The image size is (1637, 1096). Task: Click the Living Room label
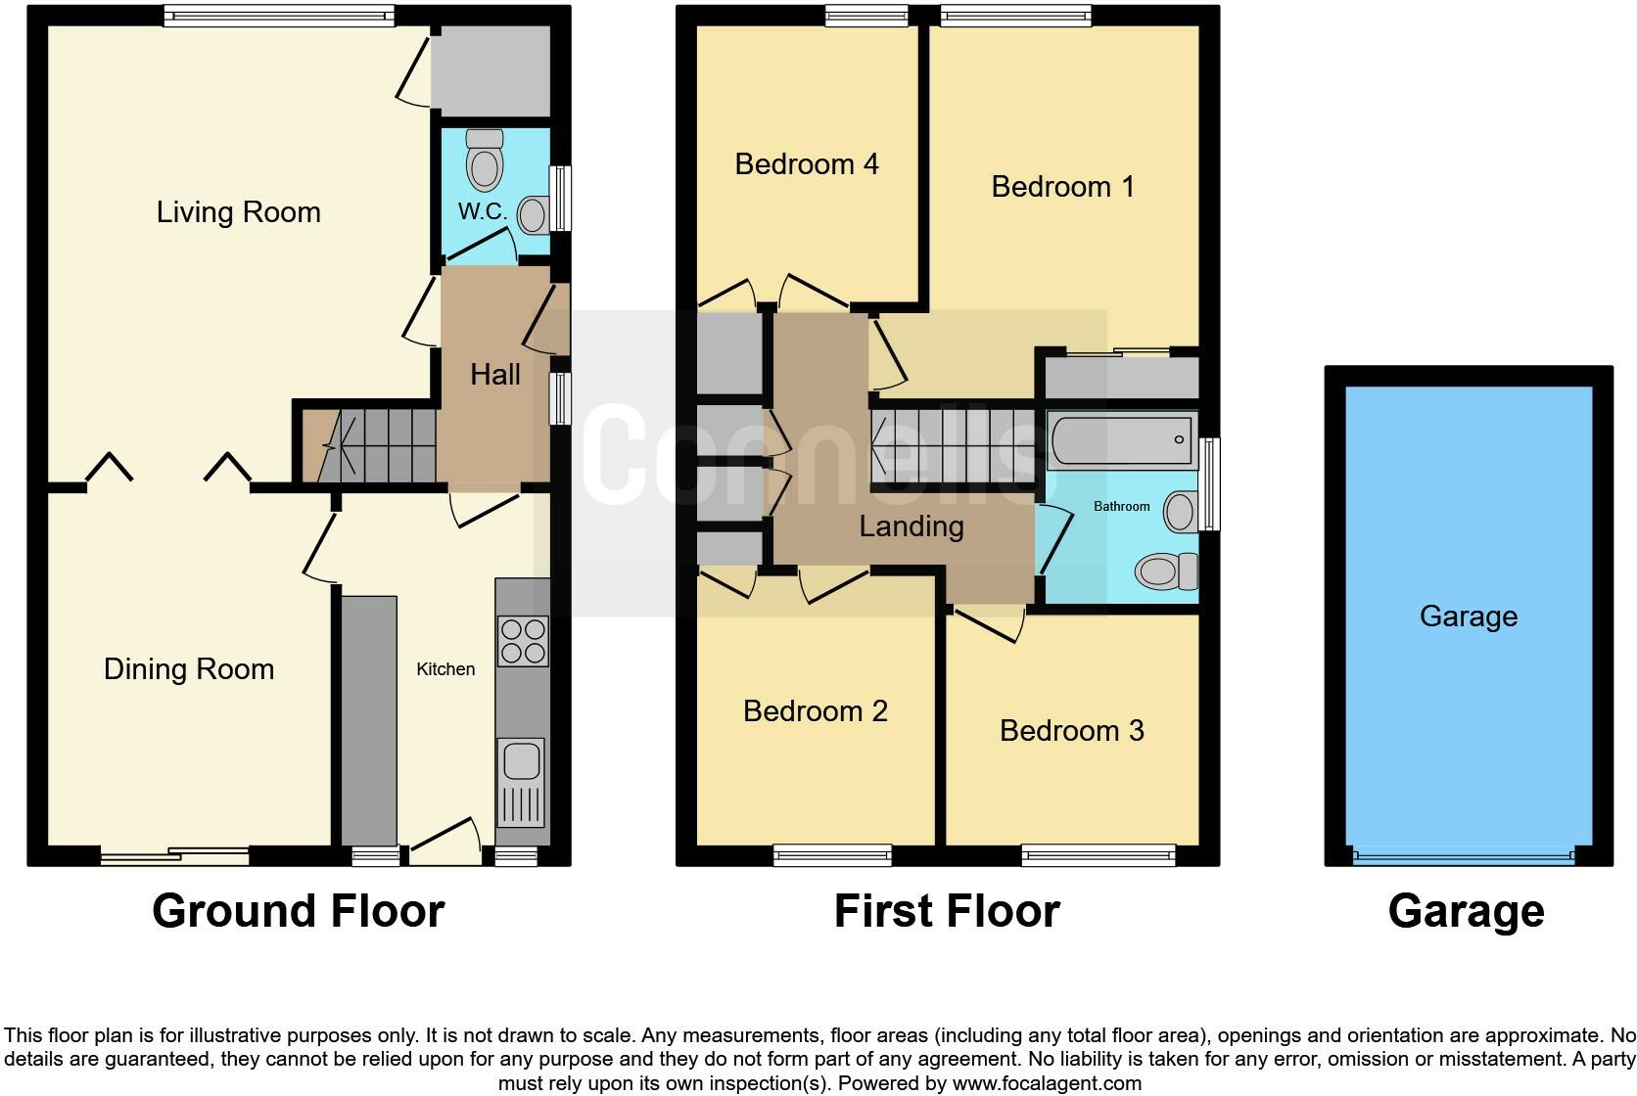point(238,212)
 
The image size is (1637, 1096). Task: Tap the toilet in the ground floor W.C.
point(484,160)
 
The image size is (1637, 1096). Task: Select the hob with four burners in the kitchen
point(522,641)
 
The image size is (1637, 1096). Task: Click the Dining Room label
point(189,669)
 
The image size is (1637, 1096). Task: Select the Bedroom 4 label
point(806,163)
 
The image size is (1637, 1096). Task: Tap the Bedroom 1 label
point(1062,187)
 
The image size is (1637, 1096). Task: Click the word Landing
point(911,526)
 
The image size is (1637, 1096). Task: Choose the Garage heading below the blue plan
point(1466,911)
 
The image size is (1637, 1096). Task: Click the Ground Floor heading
point(298,911)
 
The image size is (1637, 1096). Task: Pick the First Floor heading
point(946,911)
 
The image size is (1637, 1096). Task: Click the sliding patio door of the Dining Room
point(174,856)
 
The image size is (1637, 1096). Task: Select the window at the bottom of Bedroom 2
point(832,856)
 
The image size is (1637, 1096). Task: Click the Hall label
point(494,375)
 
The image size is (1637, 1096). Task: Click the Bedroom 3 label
point(1071,731)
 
